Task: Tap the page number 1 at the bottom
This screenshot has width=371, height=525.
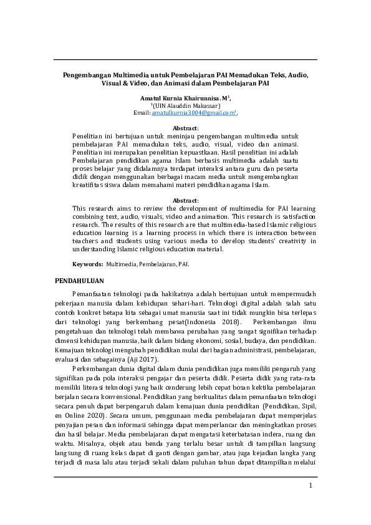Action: [x=310, y=503]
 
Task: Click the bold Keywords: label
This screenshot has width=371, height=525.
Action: [x=88, y=264]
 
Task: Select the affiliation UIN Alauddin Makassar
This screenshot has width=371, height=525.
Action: [x=186, y=106]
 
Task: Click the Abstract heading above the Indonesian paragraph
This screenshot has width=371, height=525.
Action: [x=185, y=127]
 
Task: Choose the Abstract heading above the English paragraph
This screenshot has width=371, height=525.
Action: [x=185, y=200]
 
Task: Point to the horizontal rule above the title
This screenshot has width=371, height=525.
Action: [x=185, y=60]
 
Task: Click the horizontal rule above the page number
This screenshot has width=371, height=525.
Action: [x=185, y=476]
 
